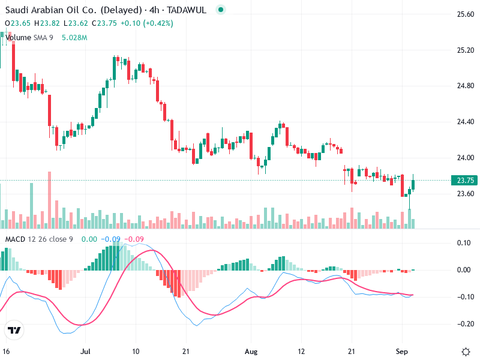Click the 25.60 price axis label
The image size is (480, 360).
(466, 14)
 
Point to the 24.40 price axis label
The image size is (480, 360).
(466, 122)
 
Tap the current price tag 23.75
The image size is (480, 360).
(466, 181)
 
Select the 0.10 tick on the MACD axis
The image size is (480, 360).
(464, 243)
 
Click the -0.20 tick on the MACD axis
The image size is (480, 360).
(464, 324)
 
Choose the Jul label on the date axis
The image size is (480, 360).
(85, 350)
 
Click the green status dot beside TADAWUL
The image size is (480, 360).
(221, 10)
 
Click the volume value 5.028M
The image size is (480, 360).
(74, 38)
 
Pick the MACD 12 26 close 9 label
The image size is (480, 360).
(39, 239)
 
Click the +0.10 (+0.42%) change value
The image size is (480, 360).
(146, 23)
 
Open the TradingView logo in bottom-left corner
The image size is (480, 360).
(14, 330)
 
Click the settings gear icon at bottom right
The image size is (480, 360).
(465, 350)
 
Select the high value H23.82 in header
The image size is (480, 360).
(47, 23)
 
